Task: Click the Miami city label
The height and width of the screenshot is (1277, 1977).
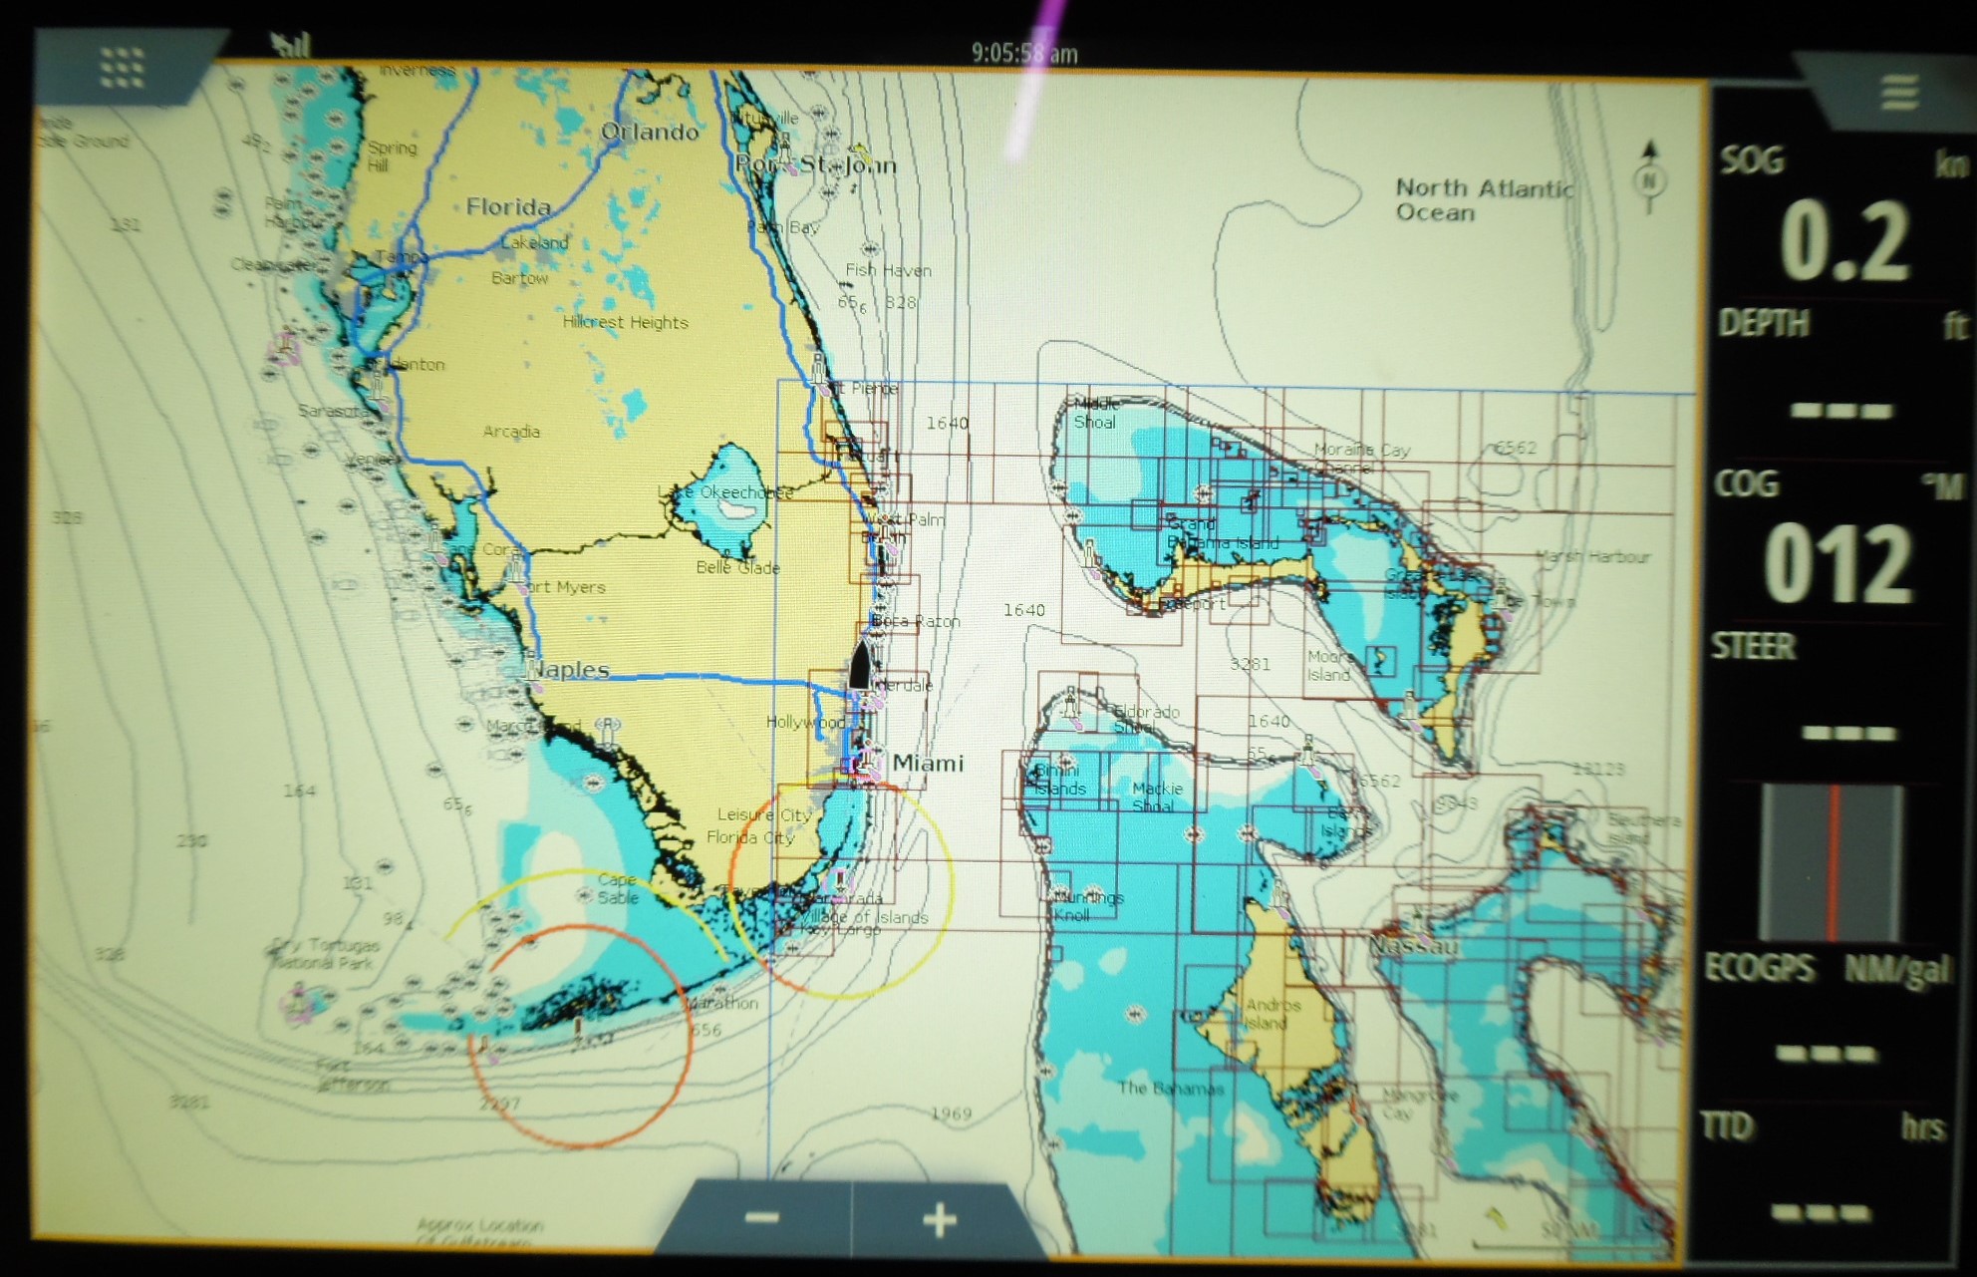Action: pos(927,764)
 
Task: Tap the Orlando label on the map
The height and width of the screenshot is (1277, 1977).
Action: pos(650,132)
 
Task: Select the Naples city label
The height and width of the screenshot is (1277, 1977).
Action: pos(570,670)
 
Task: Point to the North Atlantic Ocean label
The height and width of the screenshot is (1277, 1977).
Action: pos(1482,199)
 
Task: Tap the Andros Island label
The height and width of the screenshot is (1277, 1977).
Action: pos(1271,1014)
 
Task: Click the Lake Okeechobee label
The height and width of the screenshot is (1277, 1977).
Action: pos(725,492)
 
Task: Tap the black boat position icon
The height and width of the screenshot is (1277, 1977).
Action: pos(861,665)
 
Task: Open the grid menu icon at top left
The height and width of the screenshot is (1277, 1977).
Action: pos(122,68)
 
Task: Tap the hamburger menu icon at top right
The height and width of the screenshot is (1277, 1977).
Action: pos(1899,93)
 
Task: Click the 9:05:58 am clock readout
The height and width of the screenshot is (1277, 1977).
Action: pos(1023,53)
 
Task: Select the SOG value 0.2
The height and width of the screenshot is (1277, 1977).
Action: pos(1843,242)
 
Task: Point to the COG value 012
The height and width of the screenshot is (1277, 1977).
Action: pos(1838,564)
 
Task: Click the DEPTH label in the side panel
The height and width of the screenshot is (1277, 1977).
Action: pos(1764,323)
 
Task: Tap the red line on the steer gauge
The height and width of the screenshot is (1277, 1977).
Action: pos(1833,862)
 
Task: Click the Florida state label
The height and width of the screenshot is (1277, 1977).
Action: pos(508,206)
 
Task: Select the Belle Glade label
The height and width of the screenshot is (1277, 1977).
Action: pos(737,568)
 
